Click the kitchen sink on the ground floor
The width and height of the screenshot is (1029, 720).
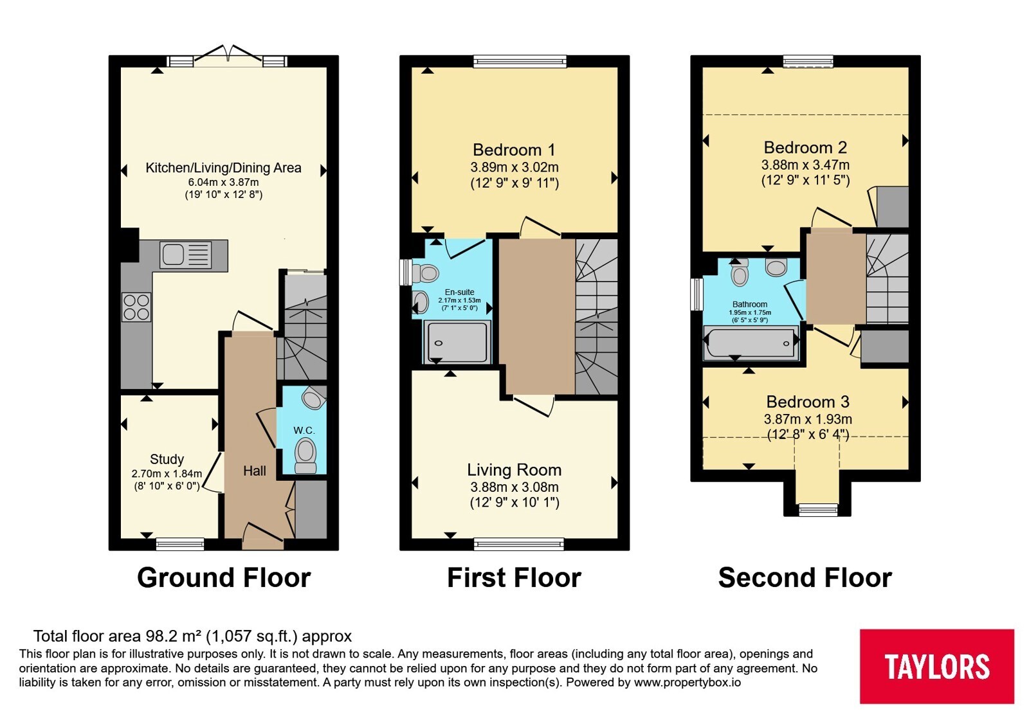(186, 255)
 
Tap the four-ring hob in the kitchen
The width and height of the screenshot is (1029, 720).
(136, 307)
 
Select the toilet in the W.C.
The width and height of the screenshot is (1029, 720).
(305, 455)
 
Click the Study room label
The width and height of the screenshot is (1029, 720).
(167, 459)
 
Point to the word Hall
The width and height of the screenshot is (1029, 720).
(255, 471)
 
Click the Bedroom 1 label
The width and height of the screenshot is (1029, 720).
(514, 150)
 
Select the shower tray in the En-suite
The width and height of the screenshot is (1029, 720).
(457, 342)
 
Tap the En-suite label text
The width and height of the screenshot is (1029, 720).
(459, 292)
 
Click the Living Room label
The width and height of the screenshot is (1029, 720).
(514, 470)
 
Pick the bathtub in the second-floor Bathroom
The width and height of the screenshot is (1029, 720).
(751, 343)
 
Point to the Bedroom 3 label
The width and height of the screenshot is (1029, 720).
(808, 402)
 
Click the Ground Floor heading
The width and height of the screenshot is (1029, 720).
(224, 577)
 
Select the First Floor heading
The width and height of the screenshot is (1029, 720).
(514, 577)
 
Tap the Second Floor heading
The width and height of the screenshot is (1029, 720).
(805, 577)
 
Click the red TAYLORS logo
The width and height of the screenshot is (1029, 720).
(936, 666)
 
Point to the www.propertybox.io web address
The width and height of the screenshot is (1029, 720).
(688, 682)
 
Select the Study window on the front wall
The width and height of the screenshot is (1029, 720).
(180, 544)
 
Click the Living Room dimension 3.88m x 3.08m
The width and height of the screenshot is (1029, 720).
(514, 487)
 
